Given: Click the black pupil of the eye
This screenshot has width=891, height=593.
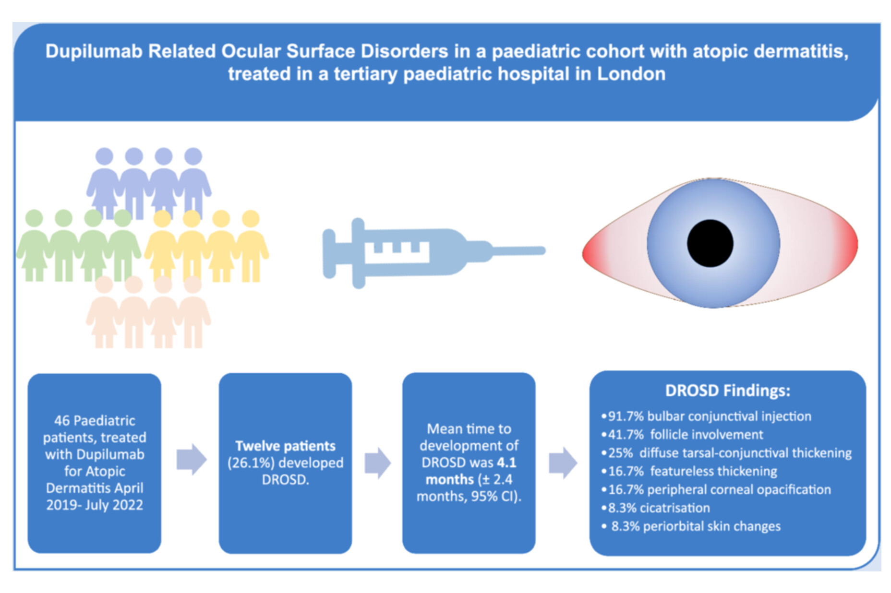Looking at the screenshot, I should point(710,243).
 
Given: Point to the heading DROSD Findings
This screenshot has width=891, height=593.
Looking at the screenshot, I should point(727,391).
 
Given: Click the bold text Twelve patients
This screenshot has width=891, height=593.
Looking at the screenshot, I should point(285,446).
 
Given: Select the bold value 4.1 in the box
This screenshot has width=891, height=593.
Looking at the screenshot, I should point(506,463).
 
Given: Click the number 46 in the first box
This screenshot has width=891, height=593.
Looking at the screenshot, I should point(62,421).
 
